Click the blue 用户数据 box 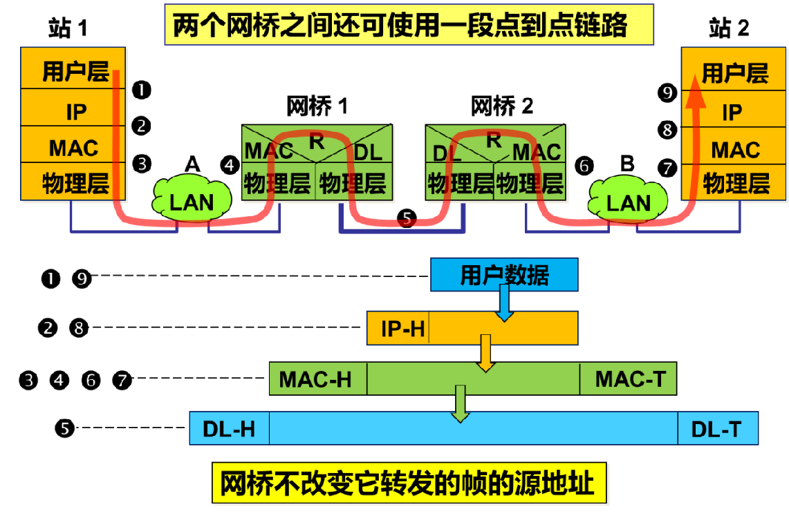504,275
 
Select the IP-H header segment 402,328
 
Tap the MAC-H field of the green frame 316,378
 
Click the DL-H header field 229,429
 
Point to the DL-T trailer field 716,429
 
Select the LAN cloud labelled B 628,200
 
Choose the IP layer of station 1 75,111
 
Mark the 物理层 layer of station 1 75,184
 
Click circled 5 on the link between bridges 407,218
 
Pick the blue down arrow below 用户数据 505,302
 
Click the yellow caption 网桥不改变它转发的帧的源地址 408,483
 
